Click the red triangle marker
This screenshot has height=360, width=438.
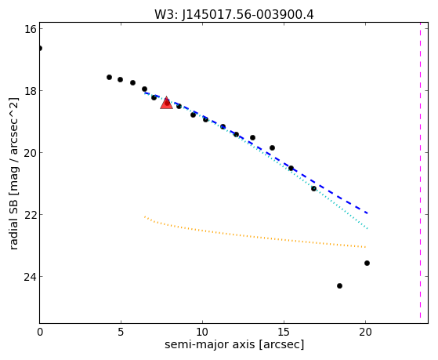point(166,103)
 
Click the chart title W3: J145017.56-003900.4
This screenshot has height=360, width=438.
point(234,14)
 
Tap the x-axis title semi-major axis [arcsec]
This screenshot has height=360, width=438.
point(234,344)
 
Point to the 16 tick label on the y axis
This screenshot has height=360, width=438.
point(31,29)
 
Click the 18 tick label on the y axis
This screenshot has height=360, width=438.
point(31,91)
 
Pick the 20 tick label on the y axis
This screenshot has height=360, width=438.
point(31,153)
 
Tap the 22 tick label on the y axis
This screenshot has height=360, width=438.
point(31,215)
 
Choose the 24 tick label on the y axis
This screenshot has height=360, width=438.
point(31,277)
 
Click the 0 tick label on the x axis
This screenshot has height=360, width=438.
point(40,332)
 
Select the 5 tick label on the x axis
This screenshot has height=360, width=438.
point(121,332)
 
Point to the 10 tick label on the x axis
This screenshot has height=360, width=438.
point(202,332)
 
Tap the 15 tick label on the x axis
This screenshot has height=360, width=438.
point(284,332)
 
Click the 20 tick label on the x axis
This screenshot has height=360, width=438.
point(365,332)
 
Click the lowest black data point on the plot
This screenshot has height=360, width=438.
point(340,285)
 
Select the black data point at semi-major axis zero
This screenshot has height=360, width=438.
point(40,49)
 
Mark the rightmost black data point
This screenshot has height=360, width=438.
point(367,264)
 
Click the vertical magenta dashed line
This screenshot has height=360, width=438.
point(420,171)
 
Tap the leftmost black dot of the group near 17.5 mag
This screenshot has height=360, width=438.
point(109,77)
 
